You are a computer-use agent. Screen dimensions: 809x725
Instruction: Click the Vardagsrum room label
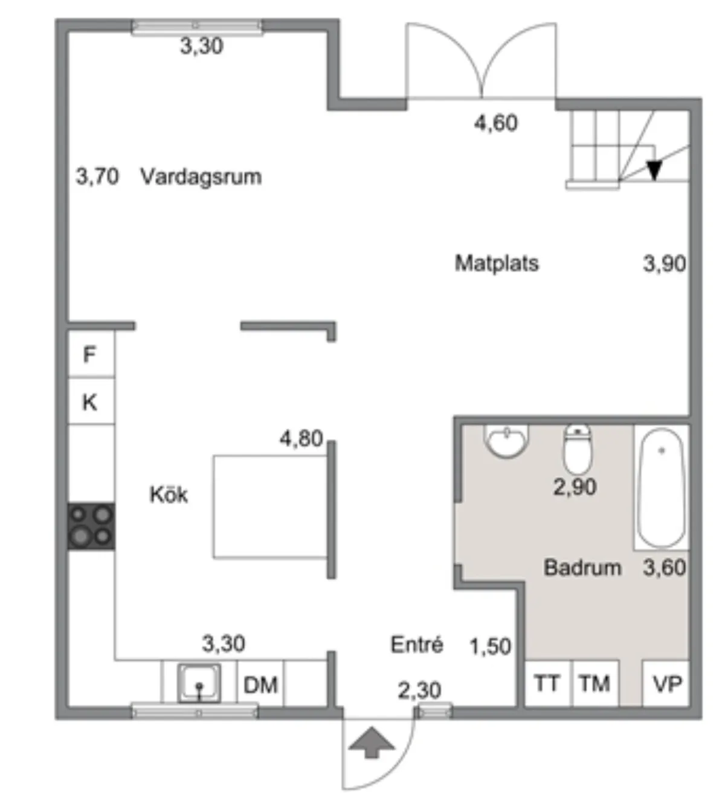[x=201, y=177]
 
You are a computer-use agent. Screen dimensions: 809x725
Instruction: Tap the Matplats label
[x=497, y=263]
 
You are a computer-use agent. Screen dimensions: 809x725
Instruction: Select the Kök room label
[x=169, y=494]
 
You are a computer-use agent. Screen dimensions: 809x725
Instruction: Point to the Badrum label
[x=582, y=568]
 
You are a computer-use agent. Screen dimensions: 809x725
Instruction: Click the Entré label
[x=416, y=645]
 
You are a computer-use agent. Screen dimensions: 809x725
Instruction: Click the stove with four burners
[x=91, y=526]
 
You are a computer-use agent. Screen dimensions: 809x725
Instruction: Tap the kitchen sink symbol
[x=199, y=683]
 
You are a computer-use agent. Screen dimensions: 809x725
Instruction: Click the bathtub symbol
[x=661, y=487]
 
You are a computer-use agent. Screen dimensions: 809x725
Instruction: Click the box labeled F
[x=90, y=354]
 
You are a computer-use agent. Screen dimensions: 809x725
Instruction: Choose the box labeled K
[x=90, y=402]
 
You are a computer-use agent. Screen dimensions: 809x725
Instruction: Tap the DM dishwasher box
[x=260, y=685]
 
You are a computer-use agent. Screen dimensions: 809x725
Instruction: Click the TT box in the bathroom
[x=547, y=683]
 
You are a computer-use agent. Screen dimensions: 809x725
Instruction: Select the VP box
[x=667, y=683]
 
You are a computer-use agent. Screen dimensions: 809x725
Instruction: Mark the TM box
[x=594, y=683]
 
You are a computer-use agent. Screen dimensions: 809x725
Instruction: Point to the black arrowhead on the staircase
[x=654, y=170]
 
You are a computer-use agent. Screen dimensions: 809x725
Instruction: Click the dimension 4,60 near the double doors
[x=495, y=123]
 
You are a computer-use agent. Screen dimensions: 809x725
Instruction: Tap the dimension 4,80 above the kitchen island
[x=301, y=438]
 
